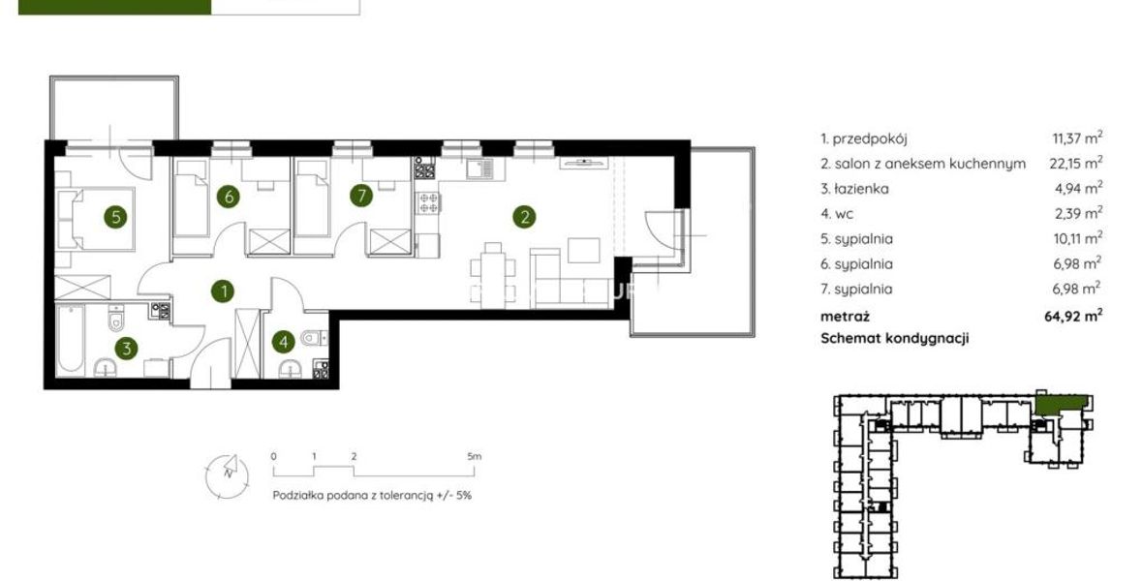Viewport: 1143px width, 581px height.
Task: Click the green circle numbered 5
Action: tap(115, 217)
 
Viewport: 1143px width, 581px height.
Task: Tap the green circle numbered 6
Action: tap(229, 196)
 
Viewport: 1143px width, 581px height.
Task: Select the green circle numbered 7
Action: tap(361, 196)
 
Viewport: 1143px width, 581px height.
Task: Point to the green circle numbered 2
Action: tap(524, 216)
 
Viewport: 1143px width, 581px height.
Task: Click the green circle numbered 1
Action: tap(223, 291)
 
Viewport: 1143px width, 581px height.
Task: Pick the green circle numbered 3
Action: tap(127, 349)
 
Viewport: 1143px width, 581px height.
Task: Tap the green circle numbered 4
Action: tap(284, 341)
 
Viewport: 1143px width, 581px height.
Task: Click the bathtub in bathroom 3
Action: tap(71, 341)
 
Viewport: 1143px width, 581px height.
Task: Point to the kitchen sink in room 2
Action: tap(479, 170)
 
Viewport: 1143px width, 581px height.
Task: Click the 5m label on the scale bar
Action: tap(475, 457)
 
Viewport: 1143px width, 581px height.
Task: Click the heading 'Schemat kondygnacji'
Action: tap(894, 339)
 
